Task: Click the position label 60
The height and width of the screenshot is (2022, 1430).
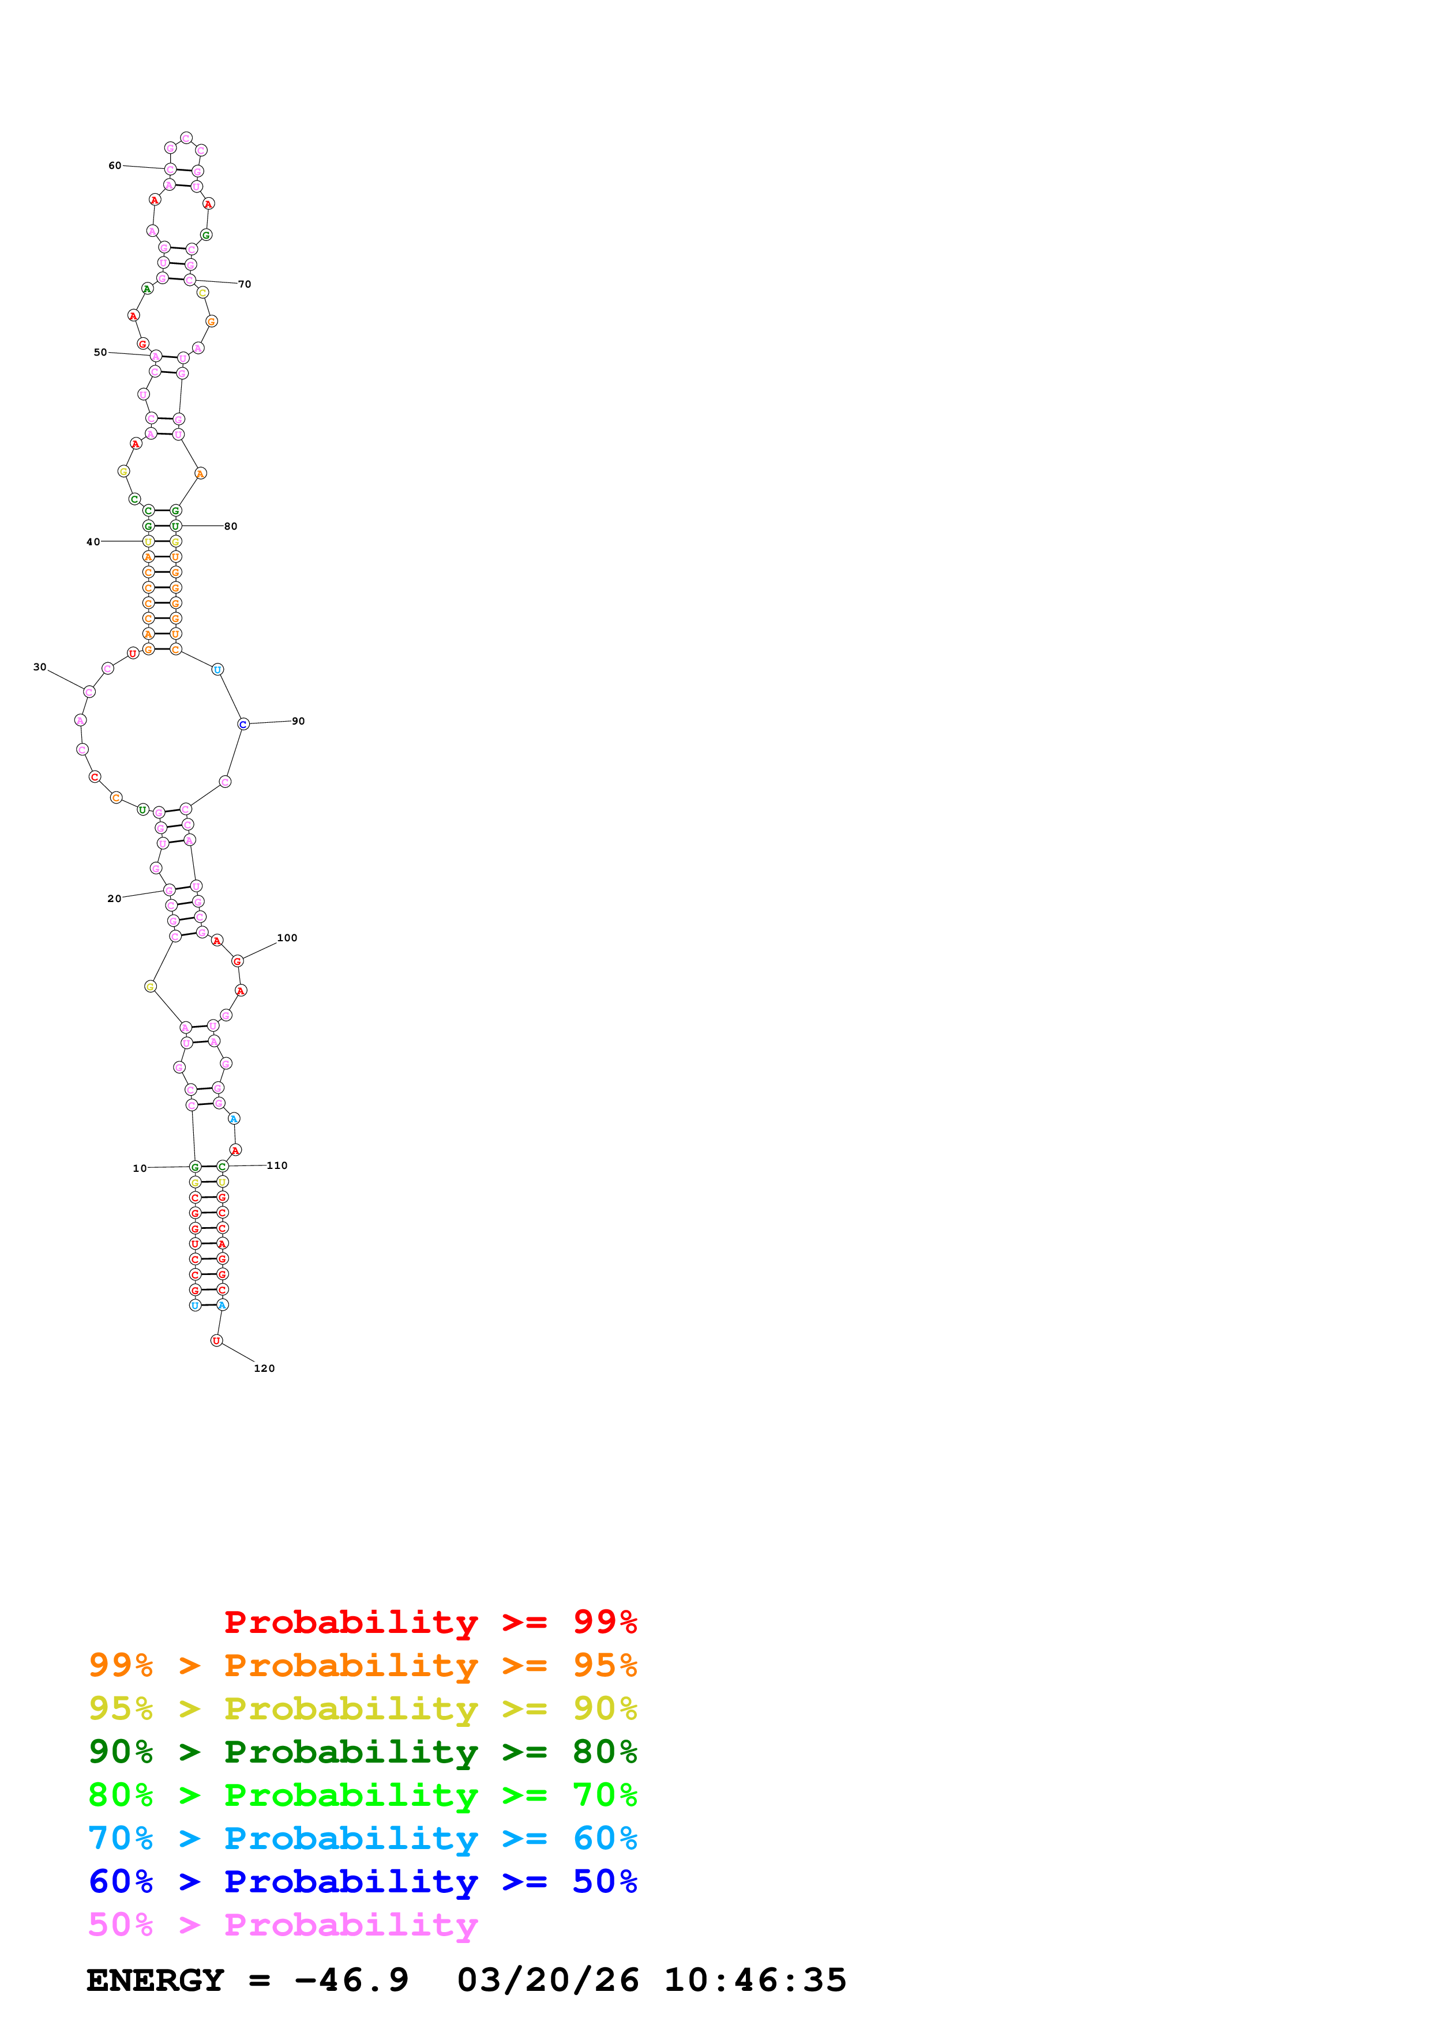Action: pyautogui.click(x=115, y=165)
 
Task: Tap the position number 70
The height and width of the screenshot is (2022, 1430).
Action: pyautogui.click(x=245, y=285)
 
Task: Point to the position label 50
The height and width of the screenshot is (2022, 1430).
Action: pyautogui.click(x=100, y=352)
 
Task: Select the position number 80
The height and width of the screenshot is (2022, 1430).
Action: pyautogui.click(x=231, y=527)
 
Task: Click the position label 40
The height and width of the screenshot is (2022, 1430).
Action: pyautogui.click(x=92, y=542)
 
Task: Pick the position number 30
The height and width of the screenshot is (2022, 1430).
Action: pyautogui.click(x=40, y=667)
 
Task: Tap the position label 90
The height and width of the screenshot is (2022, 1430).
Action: pyautogui.click(x=299, y=721)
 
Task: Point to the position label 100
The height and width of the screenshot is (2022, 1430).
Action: pyautogui.click(x=287, y=938)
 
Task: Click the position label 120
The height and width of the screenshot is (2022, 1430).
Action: pyautogui.click(x=264, y=1368)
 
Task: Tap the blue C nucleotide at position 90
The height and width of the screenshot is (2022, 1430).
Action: pyautogui.click(x=243, y=724)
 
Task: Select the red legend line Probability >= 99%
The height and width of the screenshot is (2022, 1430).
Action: pyautogui.click(x=430, y=1621)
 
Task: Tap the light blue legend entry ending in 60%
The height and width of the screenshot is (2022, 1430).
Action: pyautogui.click(x=362, y=1838)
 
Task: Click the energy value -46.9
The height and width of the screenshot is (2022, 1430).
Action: pyautogui.click(x=351, y=1980)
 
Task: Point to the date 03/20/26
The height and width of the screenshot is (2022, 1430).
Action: pyautogui.click(x=548, y=1980)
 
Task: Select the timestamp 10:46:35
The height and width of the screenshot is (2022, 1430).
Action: pyautogui.click(x=755, y=1980)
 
